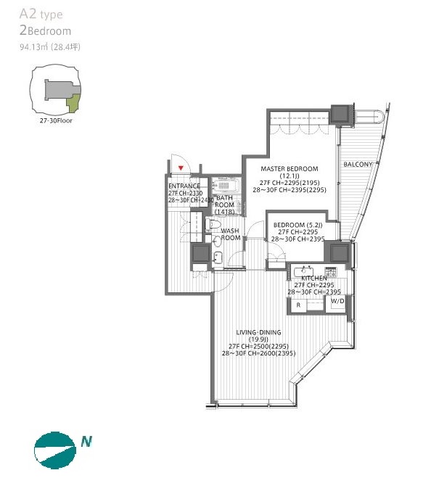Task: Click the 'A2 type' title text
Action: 41,15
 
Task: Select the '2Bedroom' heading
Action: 46,31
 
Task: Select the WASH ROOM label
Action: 231,234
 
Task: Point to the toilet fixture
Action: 216,226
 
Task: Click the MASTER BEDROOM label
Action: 289,169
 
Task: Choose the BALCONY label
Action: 358,164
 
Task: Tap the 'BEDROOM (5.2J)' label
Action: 298,225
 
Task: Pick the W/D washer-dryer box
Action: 338,301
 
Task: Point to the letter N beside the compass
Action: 86,440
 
